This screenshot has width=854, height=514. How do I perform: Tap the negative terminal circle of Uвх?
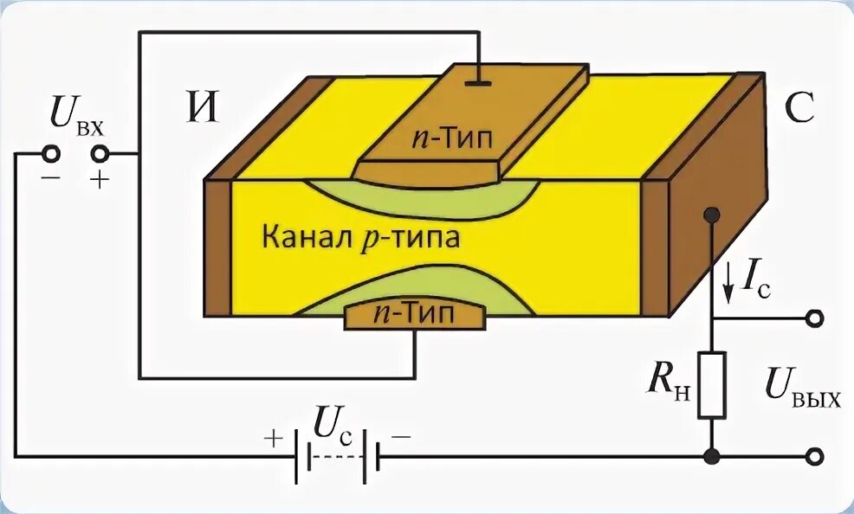(x=51, y=155)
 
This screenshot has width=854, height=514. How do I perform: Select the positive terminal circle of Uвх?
(x=101, y=155)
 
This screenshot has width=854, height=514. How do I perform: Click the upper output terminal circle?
(x=813, y=319)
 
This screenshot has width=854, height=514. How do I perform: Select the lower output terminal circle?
(x=813, y=456)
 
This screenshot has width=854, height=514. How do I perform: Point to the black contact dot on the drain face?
(x=712, y=215)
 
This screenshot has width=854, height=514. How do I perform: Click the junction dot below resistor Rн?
(x=711, y=456)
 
